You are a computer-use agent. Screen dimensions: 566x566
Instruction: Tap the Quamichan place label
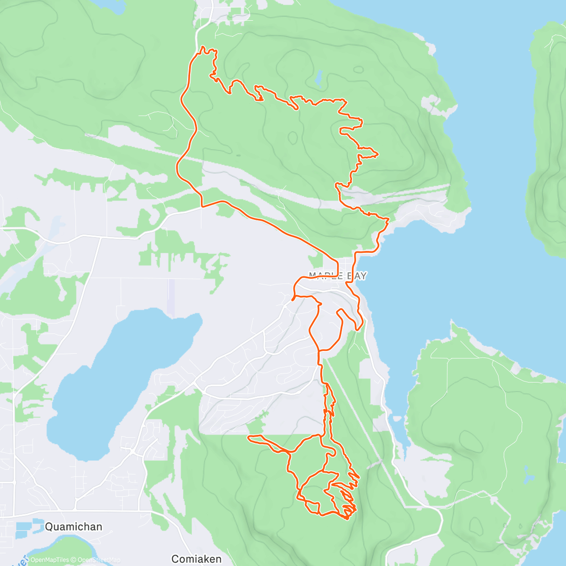73,526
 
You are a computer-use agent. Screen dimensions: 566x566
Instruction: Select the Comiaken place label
197,559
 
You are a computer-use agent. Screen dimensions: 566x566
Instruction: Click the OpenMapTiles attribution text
50,560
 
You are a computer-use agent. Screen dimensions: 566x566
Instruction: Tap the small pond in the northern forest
319,78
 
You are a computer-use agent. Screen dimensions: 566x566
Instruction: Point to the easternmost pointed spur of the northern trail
377,154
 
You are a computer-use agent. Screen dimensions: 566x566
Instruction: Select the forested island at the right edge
547,141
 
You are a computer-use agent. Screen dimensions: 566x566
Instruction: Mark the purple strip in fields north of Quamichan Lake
171,297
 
